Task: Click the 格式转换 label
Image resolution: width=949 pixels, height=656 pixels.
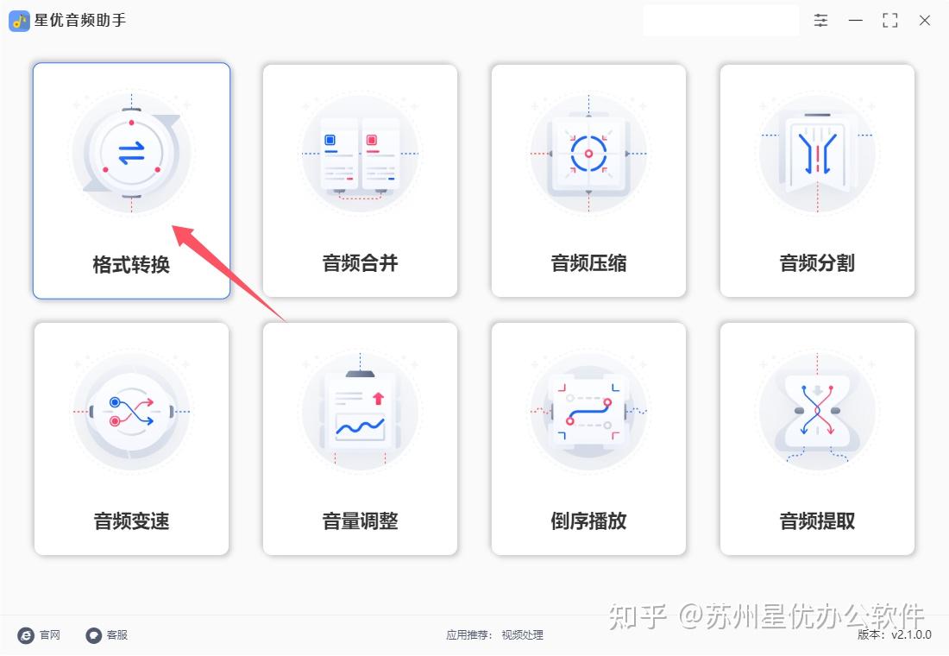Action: coord(131,265)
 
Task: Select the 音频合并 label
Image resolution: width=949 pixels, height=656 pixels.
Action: coord(360,263)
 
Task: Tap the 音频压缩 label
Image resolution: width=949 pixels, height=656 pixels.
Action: coord(589,263)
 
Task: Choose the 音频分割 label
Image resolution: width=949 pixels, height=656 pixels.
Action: coord(817,263)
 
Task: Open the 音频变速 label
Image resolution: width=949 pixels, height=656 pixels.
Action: coord(131,521)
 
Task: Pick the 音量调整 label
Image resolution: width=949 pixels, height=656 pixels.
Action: coord(360,521)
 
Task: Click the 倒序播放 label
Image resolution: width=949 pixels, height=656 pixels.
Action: coord(589,521)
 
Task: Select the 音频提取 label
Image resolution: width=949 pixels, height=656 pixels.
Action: coord(817,521)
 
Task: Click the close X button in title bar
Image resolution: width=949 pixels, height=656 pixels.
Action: coord(925,21)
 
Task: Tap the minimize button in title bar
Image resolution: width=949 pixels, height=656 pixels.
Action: coord(856,21)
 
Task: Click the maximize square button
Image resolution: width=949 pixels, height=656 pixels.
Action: coord(890,21)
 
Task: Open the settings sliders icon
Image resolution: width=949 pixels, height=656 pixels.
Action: coord(820,21)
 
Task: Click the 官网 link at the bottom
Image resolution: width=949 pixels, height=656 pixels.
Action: coord(50,634)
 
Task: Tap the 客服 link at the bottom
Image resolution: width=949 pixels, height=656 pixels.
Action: coord(116,634)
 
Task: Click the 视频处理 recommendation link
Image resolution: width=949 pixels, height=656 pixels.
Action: coord(522,634)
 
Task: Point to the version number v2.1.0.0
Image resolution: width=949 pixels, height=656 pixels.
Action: coord(912,634)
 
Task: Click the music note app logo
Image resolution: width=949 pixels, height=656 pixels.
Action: coord(19,22)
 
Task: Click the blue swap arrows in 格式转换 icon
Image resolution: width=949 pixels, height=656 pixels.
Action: coord(131,153)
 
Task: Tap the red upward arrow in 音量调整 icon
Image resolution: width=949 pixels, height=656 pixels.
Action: coord(378,398)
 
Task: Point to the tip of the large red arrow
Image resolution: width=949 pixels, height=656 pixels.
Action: coord(173,226)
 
